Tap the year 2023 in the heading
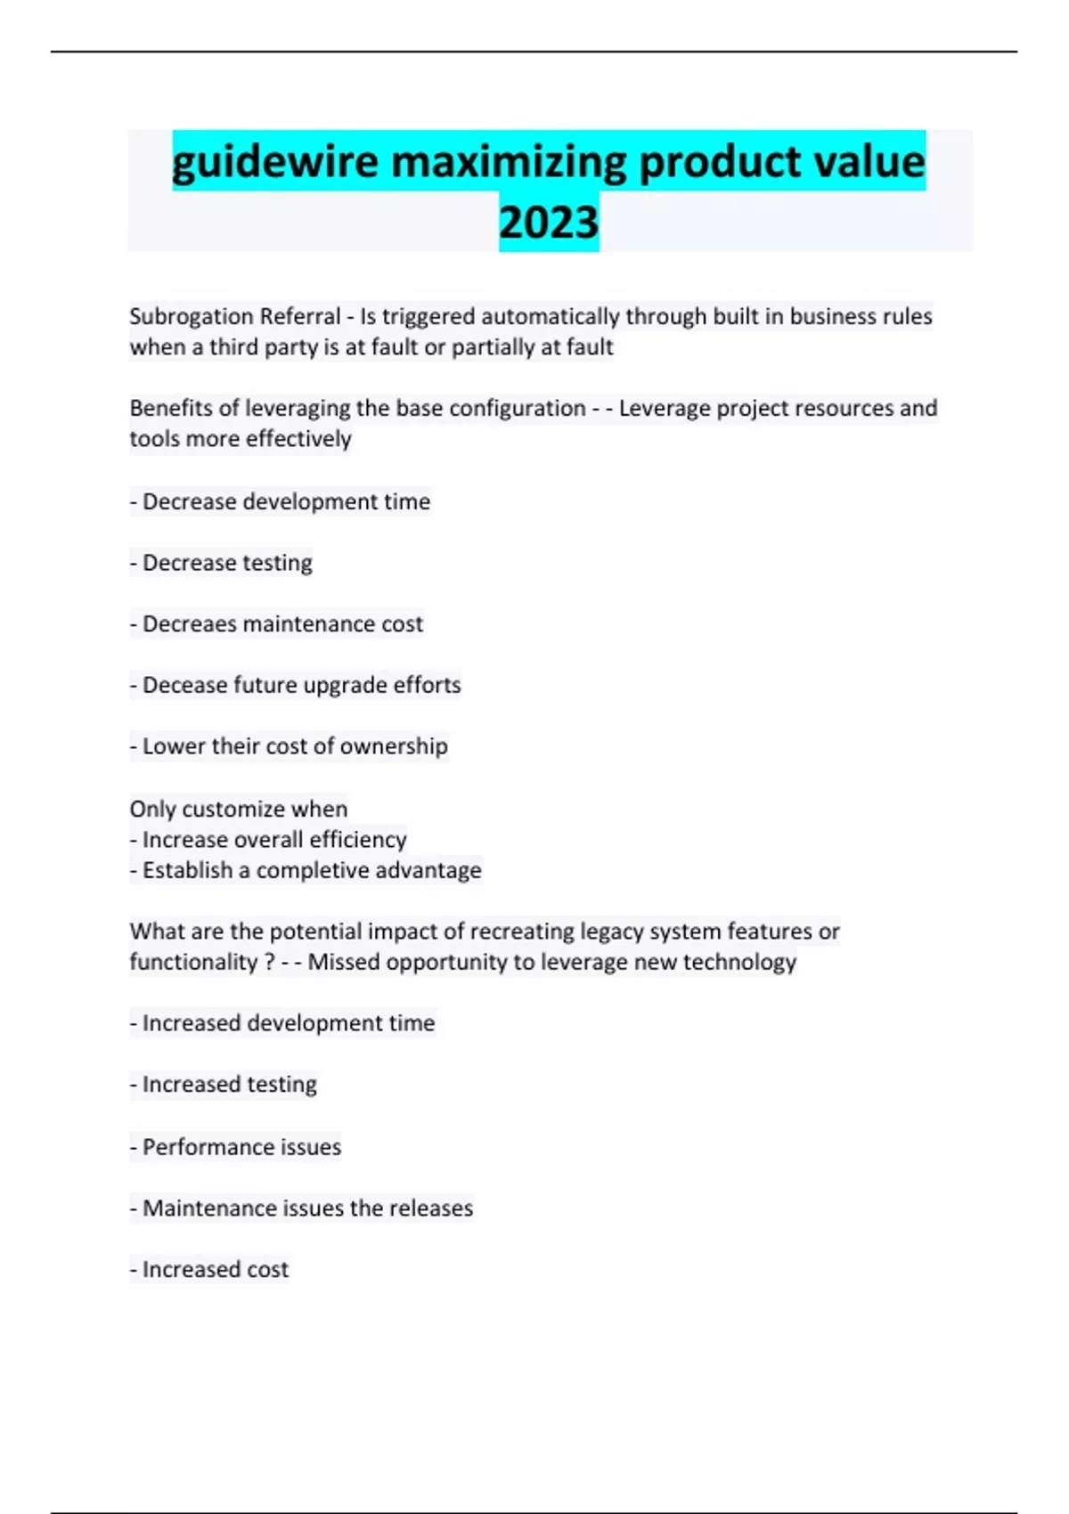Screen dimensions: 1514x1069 click(549, 223)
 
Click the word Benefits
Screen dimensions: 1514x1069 click(170, 408)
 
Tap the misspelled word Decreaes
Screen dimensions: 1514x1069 click(190, 623)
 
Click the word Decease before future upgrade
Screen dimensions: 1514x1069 click(184, 685)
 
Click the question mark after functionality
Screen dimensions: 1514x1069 click(270, 962)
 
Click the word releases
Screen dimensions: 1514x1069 click(431, 1209)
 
